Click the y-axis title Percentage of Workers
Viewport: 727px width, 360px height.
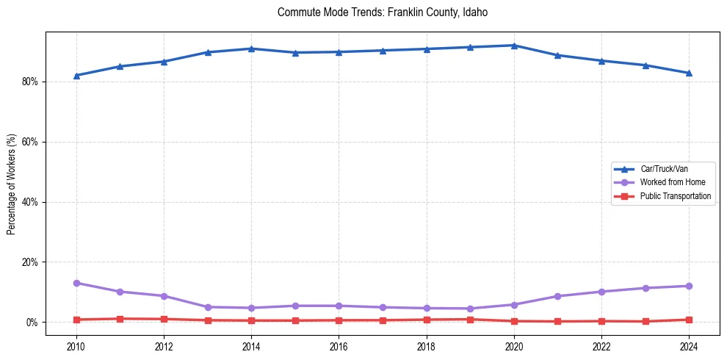[x=12, y=184]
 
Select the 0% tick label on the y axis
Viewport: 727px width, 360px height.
[x=32, y=323]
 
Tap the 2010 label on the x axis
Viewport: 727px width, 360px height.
[x=76, y=345]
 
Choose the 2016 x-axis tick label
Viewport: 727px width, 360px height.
[x=339, y=345]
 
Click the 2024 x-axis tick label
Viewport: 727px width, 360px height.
[x=689, y=345]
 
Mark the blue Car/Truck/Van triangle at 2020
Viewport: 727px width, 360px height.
[x=514, y=46]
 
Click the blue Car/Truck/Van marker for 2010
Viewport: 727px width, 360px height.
[x=76, y=76]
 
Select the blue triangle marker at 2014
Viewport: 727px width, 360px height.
[x=251, y=48]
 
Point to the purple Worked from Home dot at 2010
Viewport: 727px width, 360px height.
[x=76, y=283]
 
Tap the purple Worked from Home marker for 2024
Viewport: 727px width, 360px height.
[x=689, y=286]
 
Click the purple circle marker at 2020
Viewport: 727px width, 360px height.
[x=514, y=305]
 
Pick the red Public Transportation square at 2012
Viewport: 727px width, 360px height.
[x=164, y=319]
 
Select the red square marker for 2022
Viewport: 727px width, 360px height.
[x=601, y=321]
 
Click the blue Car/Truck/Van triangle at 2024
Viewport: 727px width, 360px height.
[x=689, y=73]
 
